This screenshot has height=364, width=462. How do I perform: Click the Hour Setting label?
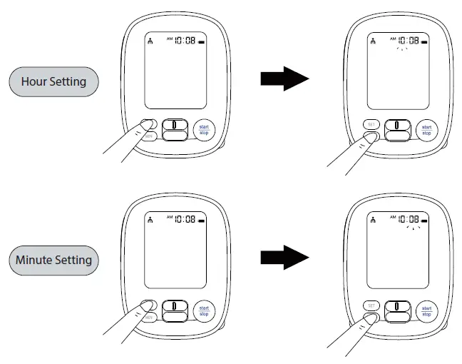coord(53,81)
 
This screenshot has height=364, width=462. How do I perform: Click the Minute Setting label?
coord(53,260)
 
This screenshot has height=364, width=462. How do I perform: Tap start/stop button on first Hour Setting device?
coord(204,130)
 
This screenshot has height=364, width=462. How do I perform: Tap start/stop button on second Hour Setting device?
coord(426,130)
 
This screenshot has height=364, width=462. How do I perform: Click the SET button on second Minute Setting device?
coord(370,303)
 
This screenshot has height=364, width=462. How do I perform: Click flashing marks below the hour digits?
coord(402,50)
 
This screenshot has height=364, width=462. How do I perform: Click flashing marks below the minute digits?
coord(413,228)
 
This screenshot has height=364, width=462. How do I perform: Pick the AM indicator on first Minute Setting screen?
coord(170,216)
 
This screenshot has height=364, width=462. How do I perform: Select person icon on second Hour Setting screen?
coord(372,41)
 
